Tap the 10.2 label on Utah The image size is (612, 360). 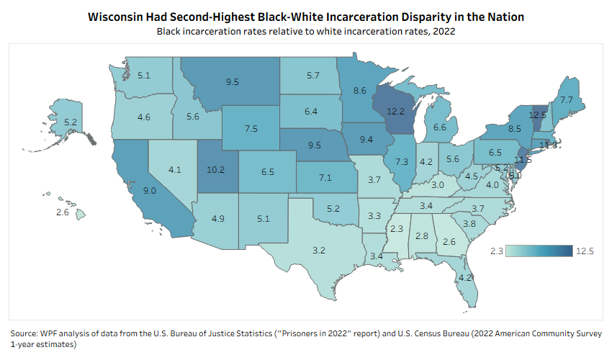217,171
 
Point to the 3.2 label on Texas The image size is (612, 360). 318,251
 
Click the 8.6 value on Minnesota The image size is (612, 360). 359,91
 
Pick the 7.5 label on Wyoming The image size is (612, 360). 251,128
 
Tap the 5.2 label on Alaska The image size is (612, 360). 71,123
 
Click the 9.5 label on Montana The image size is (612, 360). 232,82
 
